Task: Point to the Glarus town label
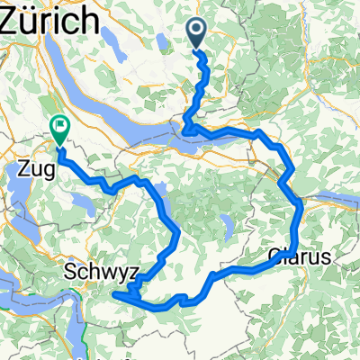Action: tap(301, 256)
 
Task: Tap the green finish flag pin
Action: tap(60, 132)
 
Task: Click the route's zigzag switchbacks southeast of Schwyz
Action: tap(130, 291)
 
